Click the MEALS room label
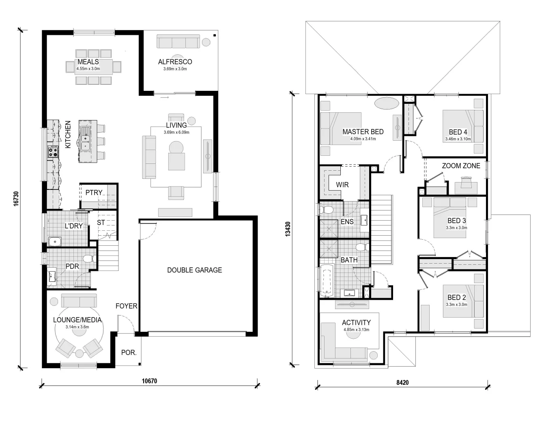tap(88, 62)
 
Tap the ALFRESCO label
tap(175, 62)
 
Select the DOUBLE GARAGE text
tap(194, 270)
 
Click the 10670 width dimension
tap(149, 381)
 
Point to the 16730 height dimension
tap(16, 199)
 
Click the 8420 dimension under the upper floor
tap(402, 383)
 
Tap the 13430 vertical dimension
tap(288, 229)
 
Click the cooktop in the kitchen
tap(53, 152)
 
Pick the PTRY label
tap(94, 192)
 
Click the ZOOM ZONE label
tap(461, 166)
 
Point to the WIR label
tap(342, 185)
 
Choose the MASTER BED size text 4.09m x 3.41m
tap(363, 139)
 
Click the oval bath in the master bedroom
tap(387, 103)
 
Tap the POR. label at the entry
tap(129, 352)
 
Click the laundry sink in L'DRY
tap(55, 242)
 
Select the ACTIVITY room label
tap(356, 322)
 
